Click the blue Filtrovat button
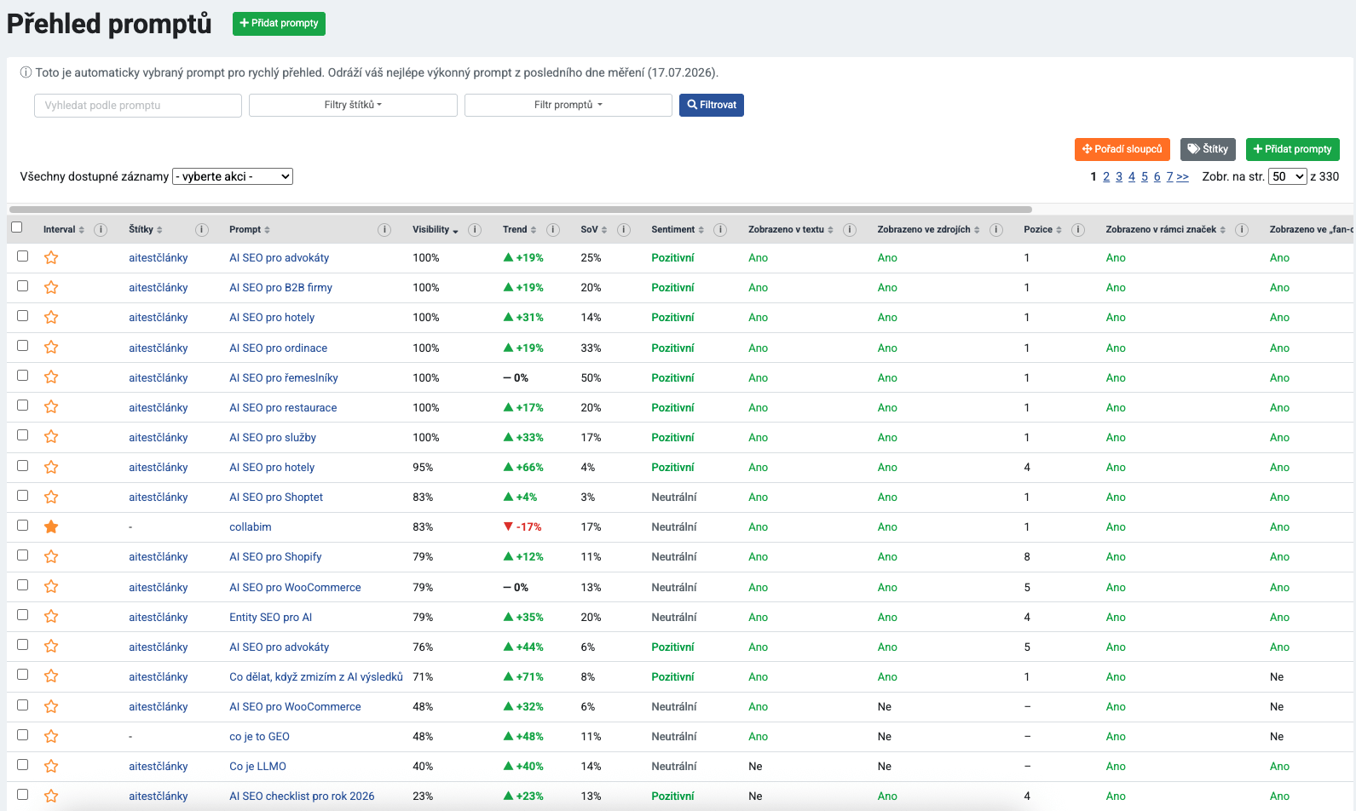tap(712, 105)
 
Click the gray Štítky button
tap(1208, 149)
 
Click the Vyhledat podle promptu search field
tap(138, 106)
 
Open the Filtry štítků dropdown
tap(353, 105)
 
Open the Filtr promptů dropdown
tap(568, 105)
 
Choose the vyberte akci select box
tap(233, 176)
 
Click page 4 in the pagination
tap(1131, 176)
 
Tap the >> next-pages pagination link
tap(1182, 176)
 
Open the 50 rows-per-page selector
tap(1287, 176)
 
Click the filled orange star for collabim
tap(51, 526)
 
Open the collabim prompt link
tap(250, 526)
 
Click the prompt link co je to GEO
tap(259, 737)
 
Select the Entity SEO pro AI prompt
tap(270, 618)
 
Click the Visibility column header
tap(431, 229)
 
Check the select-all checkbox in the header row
tap(17, 227)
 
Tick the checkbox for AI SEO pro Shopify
tap(23, 555)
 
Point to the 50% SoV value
tap(591, 377)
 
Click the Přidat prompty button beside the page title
tap(279, 24)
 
